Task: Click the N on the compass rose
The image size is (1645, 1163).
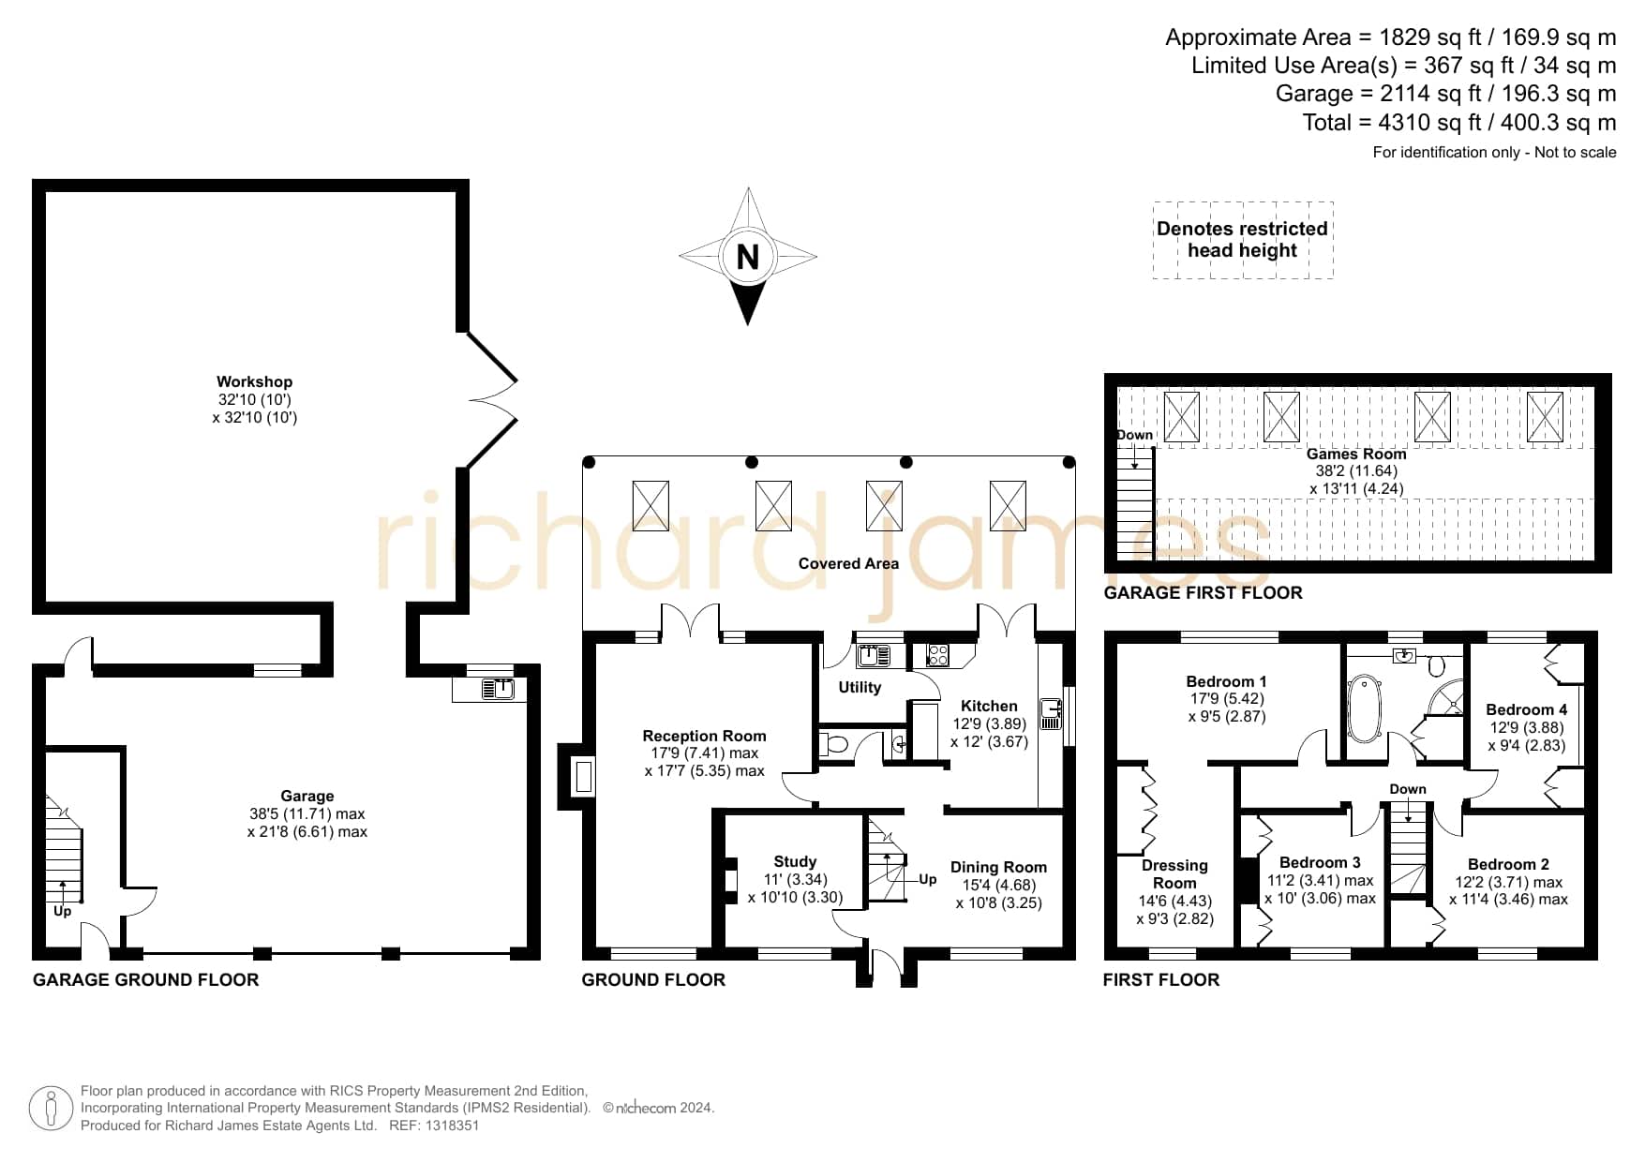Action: (747, 256)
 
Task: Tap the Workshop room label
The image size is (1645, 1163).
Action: (254, 381)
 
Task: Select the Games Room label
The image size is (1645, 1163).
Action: (1356, 454)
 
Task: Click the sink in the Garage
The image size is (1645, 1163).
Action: (498, 690)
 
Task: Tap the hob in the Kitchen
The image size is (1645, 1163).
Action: (937, 654)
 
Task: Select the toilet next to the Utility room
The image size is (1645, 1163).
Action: (833, 746)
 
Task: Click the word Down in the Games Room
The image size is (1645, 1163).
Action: (1134, 435)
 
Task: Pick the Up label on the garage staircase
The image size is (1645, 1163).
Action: (62, 911)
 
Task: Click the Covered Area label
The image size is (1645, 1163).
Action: (848, 563)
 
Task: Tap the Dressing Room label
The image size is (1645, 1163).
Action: (1174, 874)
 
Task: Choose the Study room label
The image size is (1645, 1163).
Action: (795, 861)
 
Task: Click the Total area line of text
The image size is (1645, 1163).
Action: (1459, 123)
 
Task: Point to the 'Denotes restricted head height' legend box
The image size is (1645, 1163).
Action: (1243, 240)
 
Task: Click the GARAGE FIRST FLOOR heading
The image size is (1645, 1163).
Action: (1204, 592)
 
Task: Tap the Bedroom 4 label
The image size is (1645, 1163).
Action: (1526, 709)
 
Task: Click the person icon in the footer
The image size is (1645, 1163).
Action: (51, 1109)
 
